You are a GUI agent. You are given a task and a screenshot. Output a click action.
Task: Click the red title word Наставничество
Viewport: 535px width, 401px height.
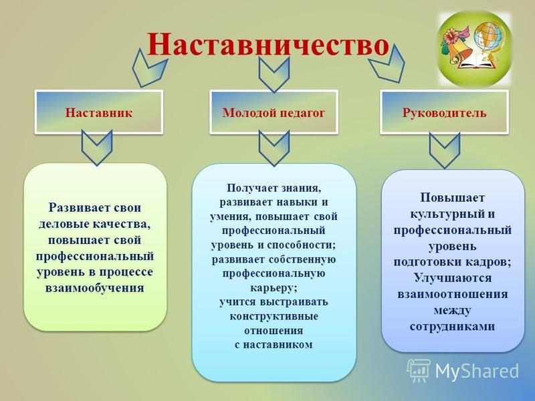268,45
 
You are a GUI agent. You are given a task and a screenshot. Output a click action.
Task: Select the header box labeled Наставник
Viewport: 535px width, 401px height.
98,112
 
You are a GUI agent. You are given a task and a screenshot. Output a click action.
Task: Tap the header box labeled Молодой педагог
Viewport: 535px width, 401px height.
274,112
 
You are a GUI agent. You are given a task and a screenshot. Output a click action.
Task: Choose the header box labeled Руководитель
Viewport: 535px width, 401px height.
444,112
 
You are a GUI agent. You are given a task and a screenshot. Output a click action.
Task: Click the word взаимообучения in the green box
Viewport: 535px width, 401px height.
94,288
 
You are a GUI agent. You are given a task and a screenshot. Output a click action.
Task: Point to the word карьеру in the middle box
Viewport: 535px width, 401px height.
274,288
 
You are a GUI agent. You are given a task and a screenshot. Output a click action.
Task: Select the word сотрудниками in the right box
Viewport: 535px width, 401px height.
452,326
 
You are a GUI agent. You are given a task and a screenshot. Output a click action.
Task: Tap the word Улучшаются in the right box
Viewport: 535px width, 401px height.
453,277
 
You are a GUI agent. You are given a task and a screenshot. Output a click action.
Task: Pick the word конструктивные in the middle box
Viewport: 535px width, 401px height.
274,316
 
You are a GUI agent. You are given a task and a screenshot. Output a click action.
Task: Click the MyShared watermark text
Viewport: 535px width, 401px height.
477,371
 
